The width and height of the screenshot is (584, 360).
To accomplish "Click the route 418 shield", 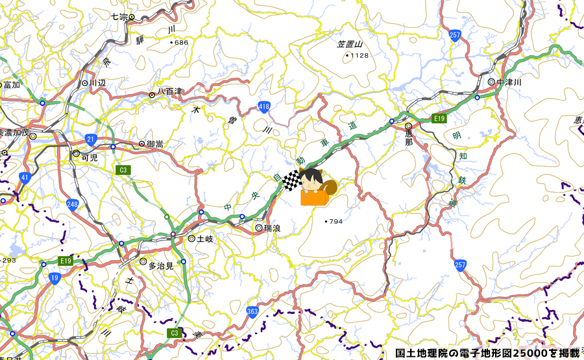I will (263, 107).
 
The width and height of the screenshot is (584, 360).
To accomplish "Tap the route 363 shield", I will (253, 312).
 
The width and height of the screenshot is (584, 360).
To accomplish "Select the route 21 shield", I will (90, 139).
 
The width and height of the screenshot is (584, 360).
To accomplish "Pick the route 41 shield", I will (25, 177).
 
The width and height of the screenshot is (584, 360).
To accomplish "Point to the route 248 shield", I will (72, 206).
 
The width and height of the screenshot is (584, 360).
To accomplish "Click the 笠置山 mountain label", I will (350, 44).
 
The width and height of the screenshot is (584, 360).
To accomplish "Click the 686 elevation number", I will (181, 43).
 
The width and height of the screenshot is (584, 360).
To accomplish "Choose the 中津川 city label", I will (509, 82).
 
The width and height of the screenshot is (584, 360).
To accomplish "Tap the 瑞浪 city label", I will (271, 228).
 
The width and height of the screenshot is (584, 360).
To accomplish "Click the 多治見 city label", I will (161, 266).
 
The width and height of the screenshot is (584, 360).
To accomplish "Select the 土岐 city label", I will (205, 239).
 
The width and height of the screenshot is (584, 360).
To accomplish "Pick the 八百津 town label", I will (169, 93).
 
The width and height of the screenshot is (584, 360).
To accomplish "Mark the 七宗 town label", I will (119, 16).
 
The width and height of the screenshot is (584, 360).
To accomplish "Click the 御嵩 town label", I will (154, 144).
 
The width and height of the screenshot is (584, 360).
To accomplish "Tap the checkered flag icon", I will (293, 180).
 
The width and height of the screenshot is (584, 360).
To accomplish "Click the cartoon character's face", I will (313, 178).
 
